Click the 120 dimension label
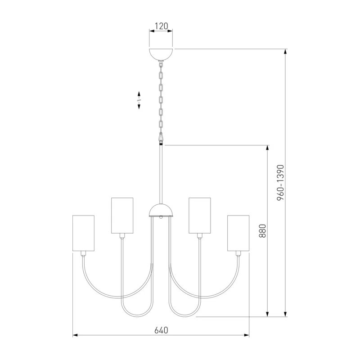pyautogui.click(x=162, y=26)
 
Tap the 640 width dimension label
pyautogui.click(x=161, y=330)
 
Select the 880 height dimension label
pyautogui.click(x=262, y=231)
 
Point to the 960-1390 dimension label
pyautogui.click(x=280, y=183)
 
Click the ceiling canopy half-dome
pyautogui.click(x=161, y=54)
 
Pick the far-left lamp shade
pyautogui.click(x=83, y=233)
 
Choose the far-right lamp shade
pyautogui.click(x=238, y=233)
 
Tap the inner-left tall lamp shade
pyautogui.click(x=122, y=216)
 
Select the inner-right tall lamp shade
pyautogui.click(x=199, y=216)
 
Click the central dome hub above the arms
pyautogui.click(x=161, y=210)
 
